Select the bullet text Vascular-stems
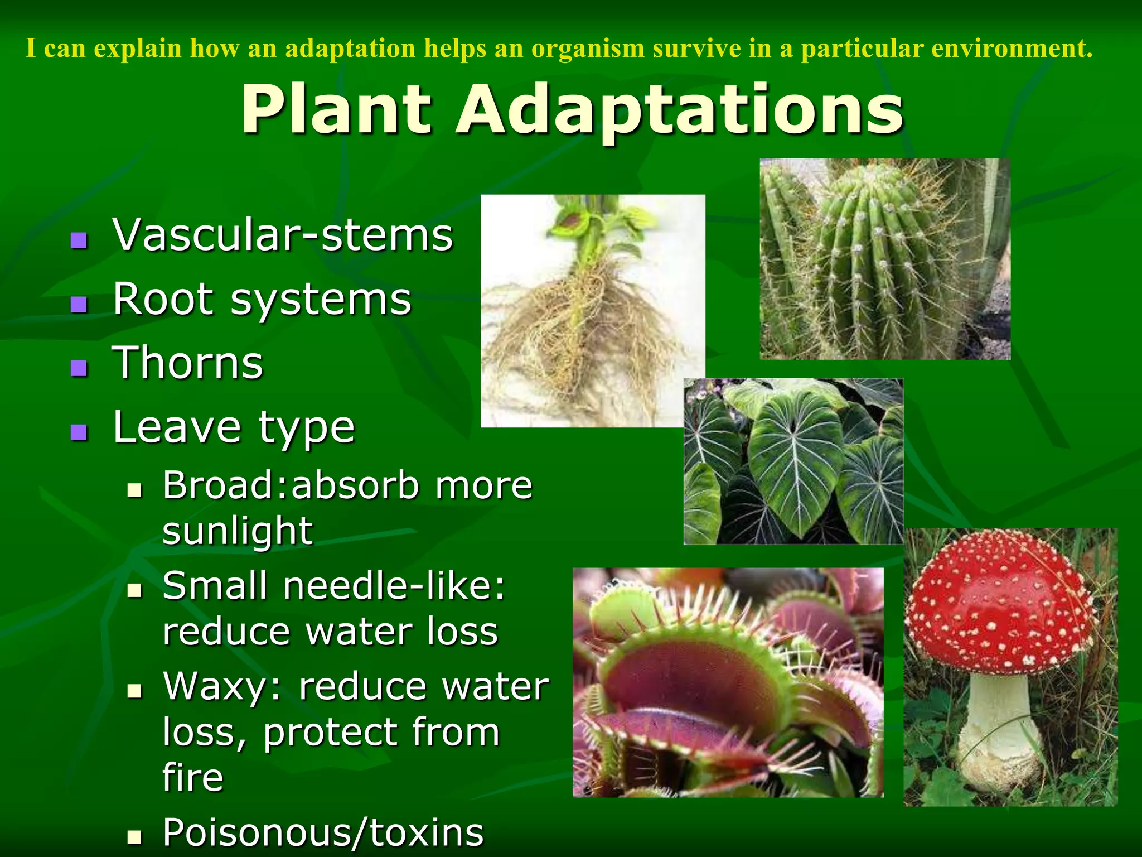283,235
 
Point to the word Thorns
188,363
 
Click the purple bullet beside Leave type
79,432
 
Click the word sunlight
238,531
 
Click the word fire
193,777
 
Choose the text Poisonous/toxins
323,832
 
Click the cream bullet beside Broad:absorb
134,490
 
